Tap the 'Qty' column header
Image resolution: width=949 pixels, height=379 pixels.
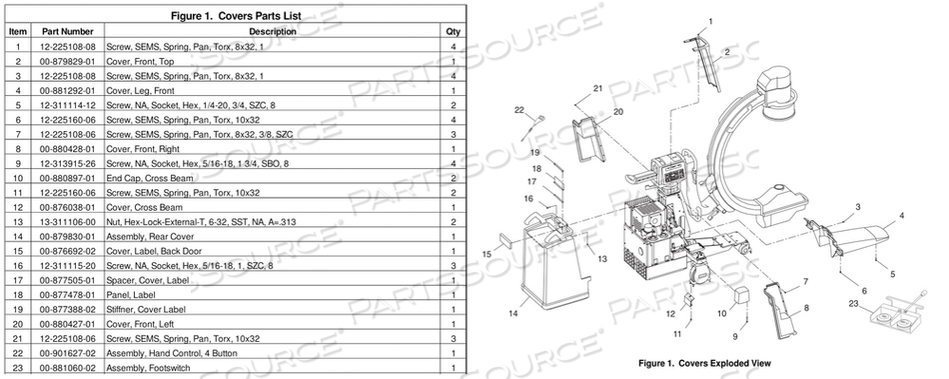pyautogui.click(x=453, y=32)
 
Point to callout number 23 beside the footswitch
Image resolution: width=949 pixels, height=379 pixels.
pyautogui.click(x=853, y=302)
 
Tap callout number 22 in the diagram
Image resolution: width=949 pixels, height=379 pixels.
pyautogui.click(x=520, y=110)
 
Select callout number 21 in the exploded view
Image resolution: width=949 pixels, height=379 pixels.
pyautogui.click(x=597, y=89)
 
